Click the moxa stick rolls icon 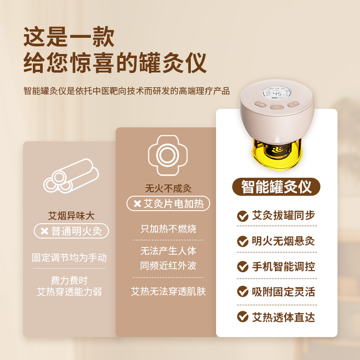click(71, 176)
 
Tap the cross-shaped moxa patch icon click(168, 155)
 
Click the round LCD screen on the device click(277, 94)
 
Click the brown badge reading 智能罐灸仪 click(276, 187)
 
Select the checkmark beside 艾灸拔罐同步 click(243, 216)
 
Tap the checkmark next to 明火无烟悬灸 click(243, 241)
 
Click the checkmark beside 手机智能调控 click(243, 266)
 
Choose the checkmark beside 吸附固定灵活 click(243, 292)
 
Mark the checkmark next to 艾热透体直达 click(243, 317)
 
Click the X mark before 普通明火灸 click(44, 231)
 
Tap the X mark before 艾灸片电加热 click(137, 204)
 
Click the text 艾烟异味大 click(71, 216)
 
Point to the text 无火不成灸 click(168, 189)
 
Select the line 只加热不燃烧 click(168, 229)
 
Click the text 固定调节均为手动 click(69, 257)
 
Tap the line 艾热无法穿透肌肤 click(168, 291)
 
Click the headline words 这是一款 click(69, 37)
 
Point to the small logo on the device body click(277, 138)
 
